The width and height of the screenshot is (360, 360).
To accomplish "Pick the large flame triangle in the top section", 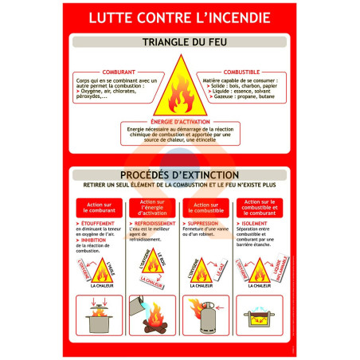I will (x=179, y=89).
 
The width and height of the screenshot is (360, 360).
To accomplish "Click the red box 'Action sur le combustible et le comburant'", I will (x=259, y=207).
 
